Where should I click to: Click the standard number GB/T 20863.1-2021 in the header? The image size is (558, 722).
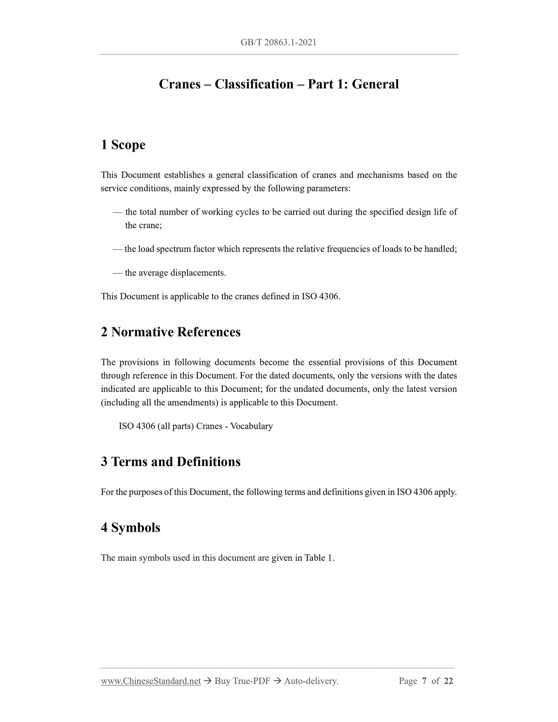point(278,42)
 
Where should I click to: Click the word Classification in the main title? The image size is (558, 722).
point(254,84)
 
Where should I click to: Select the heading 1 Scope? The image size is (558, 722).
point(123,145)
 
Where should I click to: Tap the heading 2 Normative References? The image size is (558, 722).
point(171,332)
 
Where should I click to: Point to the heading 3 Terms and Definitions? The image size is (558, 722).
point(171,462)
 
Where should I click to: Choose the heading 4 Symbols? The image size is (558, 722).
point(131,527)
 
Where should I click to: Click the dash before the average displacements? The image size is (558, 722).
point(117,273)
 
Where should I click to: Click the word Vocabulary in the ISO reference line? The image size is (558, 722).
point(251,426)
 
